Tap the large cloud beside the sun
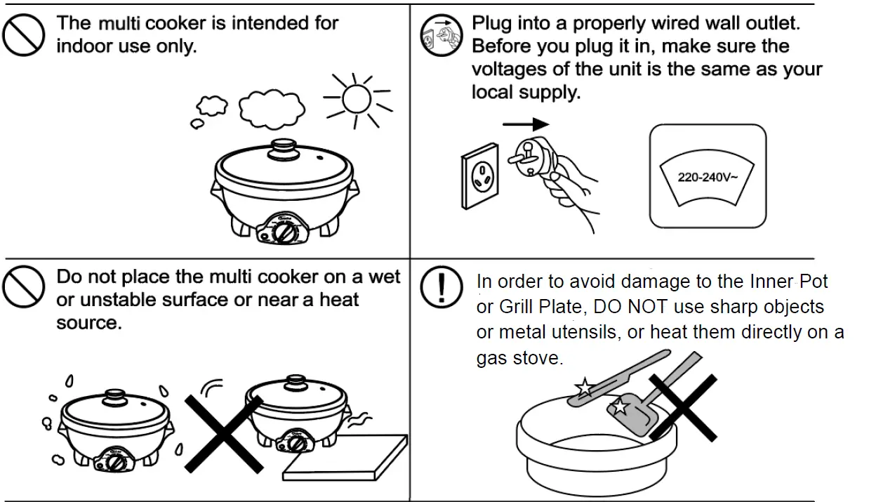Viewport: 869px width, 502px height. coord(272,107)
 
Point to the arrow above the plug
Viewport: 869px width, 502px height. coord(526,124)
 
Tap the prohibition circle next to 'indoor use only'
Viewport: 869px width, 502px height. coord(24,35)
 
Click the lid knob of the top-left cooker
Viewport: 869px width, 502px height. coord(284,148)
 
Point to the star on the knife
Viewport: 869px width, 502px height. coord(583,387)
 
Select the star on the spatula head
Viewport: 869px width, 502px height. coord(621,405)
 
